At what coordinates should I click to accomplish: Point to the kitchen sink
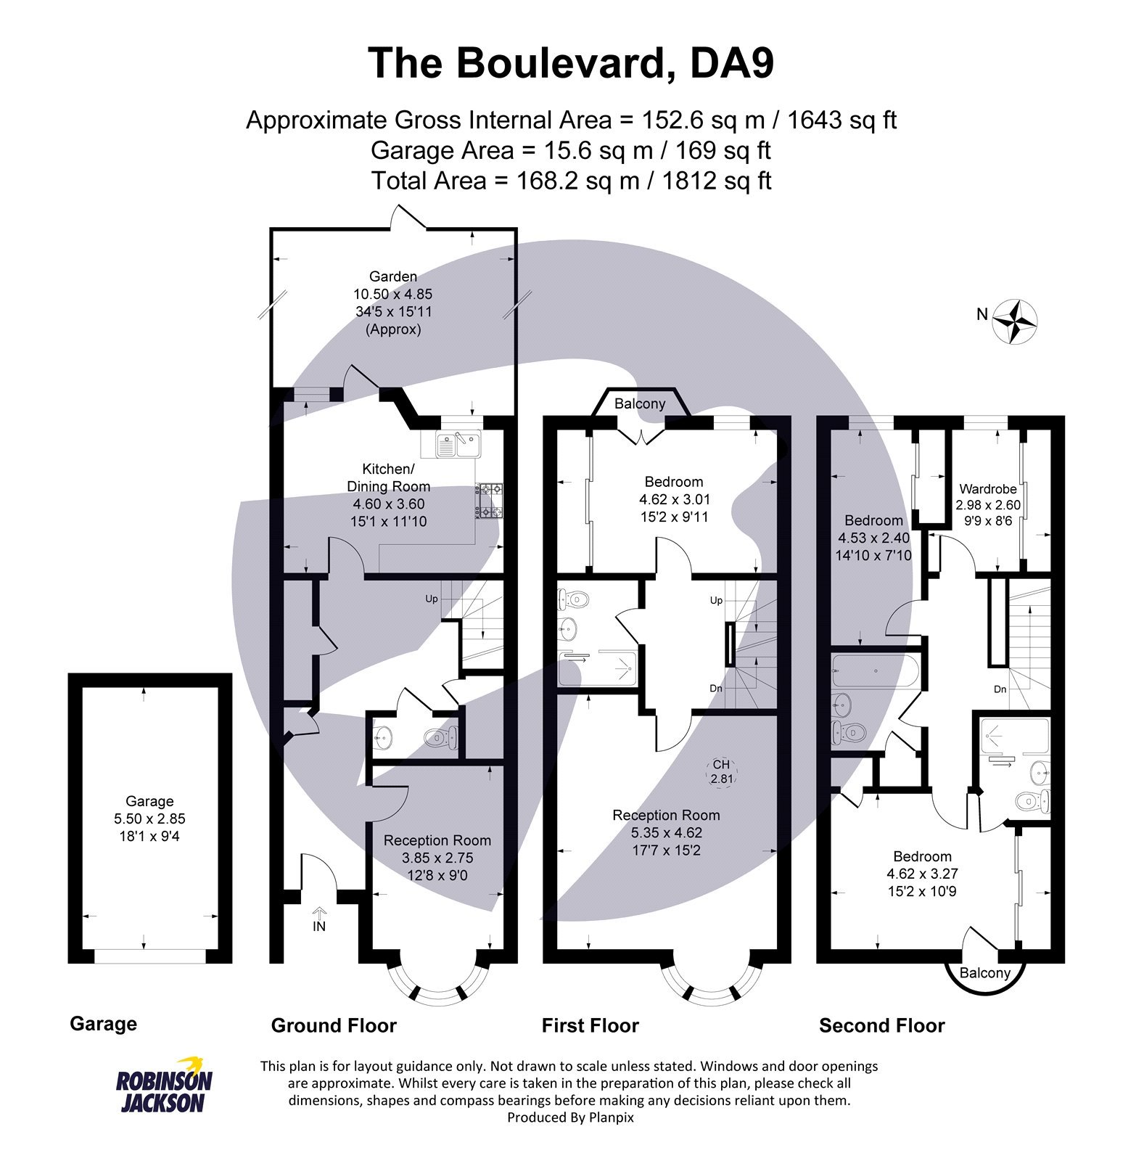[x=458, y=444]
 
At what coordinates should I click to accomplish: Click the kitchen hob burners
[x=489, y=501]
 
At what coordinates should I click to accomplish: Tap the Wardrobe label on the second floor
[x=987, y=488]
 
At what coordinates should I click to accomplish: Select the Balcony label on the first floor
[x=639, y=403]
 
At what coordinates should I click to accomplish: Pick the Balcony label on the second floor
[x=984, y=972]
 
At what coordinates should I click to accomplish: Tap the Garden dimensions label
[x=392, y=303]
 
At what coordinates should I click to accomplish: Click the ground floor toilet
[x=440, y=738]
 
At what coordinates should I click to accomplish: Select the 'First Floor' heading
[x=590, y=1025]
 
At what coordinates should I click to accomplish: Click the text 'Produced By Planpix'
[x=570, y=1117]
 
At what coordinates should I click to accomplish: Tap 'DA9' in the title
[x=732, y=63]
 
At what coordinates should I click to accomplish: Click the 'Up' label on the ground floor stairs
[x=432, y=599]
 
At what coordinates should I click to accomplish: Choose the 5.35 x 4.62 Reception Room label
[x=666, y=832]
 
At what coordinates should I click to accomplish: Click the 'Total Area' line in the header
[x=571, y=181]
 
